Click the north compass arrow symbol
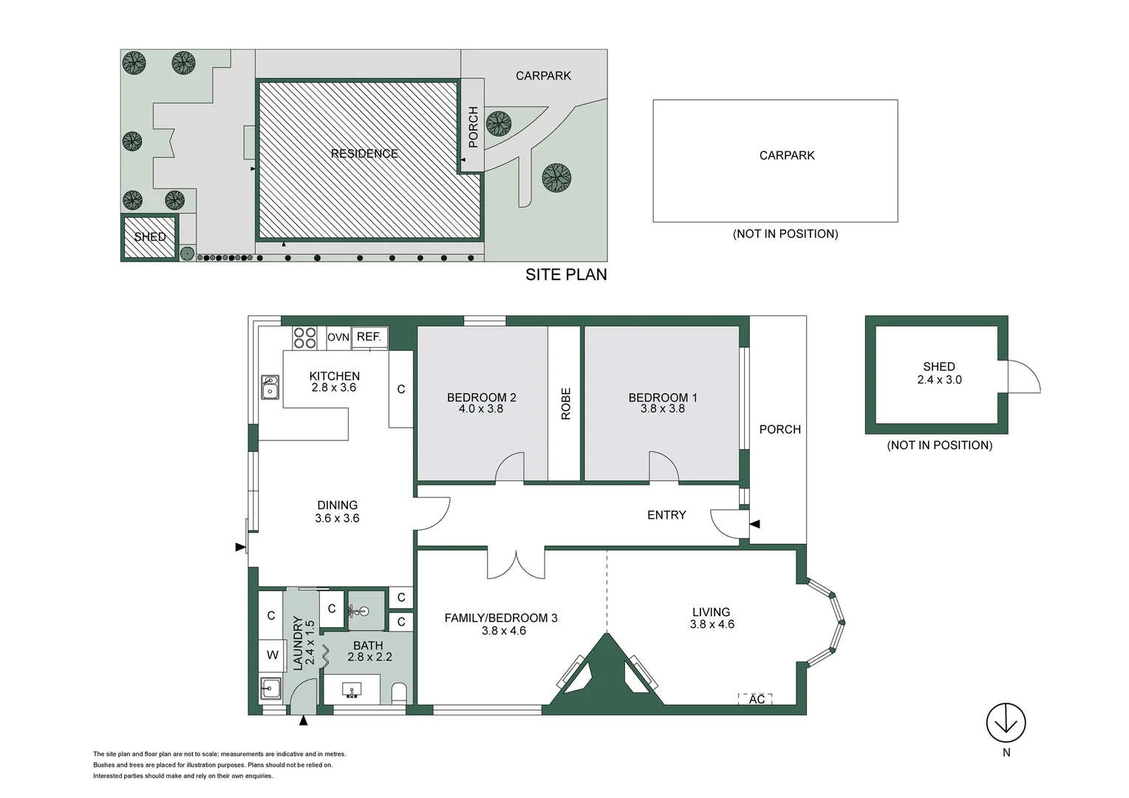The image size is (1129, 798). (x=1006, y=723)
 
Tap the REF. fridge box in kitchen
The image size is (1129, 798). (x=369, y=337)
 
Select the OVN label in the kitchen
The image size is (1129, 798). (x=338, y=337)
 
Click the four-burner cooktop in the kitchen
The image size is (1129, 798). (x=305, y=338)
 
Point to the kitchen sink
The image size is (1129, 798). (x=270, y=388)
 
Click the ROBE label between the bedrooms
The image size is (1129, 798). (x=566, y=404)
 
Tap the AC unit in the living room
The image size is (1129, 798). (x=755, y=698)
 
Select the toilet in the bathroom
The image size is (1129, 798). (x=398, y=692)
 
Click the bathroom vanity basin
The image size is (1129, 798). (x=352, y=690)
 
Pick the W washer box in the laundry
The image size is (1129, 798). (x=272, y=655)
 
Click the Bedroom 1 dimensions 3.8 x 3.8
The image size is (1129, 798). (x=662, y=409)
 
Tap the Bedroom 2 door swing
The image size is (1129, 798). (x=510, y=467)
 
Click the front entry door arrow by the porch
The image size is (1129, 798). (x=754, y=524)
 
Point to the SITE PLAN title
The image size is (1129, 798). (x=566, y=275)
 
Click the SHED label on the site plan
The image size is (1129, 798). (x=150, y=237)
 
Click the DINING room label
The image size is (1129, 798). (x=337, y=505)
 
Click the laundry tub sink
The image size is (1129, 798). (x=270, y=689)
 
